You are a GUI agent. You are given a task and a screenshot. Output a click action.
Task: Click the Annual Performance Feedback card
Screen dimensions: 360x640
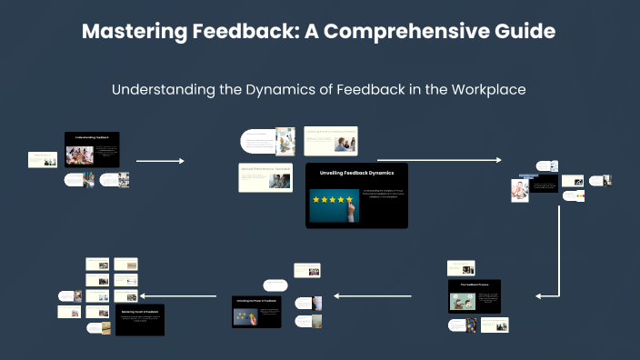coord(265,177)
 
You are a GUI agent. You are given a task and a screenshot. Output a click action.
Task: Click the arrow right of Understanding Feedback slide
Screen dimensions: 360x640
coord(159,161)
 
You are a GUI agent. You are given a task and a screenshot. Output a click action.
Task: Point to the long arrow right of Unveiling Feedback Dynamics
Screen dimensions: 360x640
coord(438,160)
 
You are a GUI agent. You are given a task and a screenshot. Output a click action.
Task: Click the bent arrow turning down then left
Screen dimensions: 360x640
coord(555,273)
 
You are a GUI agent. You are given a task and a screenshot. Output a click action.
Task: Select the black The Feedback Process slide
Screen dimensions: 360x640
coord(474,296)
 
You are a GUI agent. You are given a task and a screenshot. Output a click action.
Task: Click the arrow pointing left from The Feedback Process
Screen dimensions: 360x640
coord(385,295)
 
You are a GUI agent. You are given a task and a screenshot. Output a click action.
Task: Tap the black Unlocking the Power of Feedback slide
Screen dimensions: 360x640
coord(257,310)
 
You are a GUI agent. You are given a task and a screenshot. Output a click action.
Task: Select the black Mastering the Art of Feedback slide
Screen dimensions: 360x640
coord(139,320)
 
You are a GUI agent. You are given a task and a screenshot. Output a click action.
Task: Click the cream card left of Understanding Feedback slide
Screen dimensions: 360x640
coord(43,158)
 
